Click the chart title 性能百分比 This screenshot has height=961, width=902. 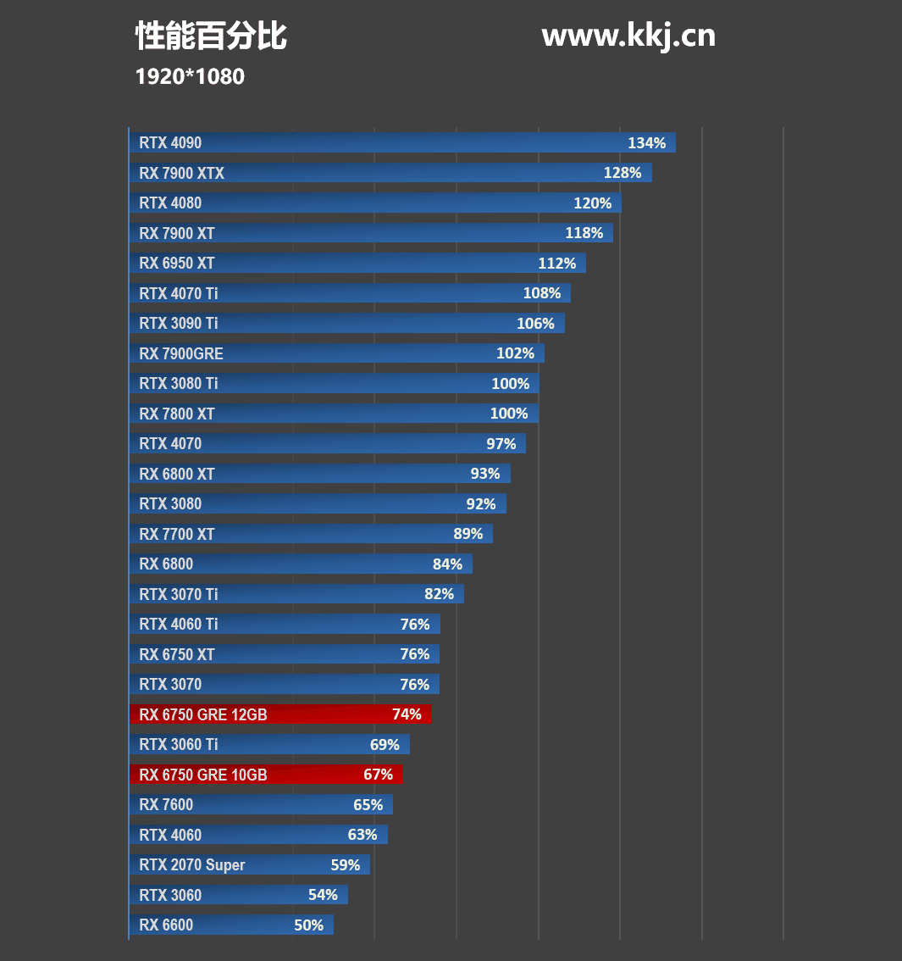pos(211,36)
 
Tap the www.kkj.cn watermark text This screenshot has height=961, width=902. pos(628,36)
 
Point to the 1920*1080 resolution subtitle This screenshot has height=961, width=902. pos(190,77)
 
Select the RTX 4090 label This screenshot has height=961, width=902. pos(170,143)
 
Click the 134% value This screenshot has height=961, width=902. pos(646,143)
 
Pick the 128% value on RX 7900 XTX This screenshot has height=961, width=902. pos(623,173)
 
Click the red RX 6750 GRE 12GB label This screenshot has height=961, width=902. pos(203,714)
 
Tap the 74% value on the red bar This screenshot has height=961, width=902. pos(407,714)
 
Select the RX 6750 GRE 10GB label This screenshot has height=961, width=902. pos(203,775)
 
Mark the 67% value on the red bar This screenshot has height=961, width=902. pos(378,775)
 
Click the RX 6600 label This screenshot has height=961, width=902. pos(166,925)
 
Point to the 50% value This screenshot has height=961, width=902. pos(308,925)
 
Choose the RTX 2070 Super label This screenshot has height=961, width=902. pos(192,864)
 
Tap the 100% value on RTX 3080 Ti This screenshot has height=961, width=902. pos(510,383)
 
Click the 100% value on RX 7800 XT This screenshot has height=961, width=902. pos(510,414)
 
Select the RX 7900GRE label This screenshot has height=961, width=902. pos(181,353)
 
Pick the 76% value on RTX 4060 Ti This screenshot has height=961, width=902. pos(415,624)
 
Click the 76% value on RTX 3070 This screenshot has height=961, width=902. pos(415,684)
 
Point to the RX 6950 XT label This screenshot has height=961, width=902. pos(177,263)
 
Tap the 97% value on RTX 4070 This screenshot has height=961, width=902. pos(501,443)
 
